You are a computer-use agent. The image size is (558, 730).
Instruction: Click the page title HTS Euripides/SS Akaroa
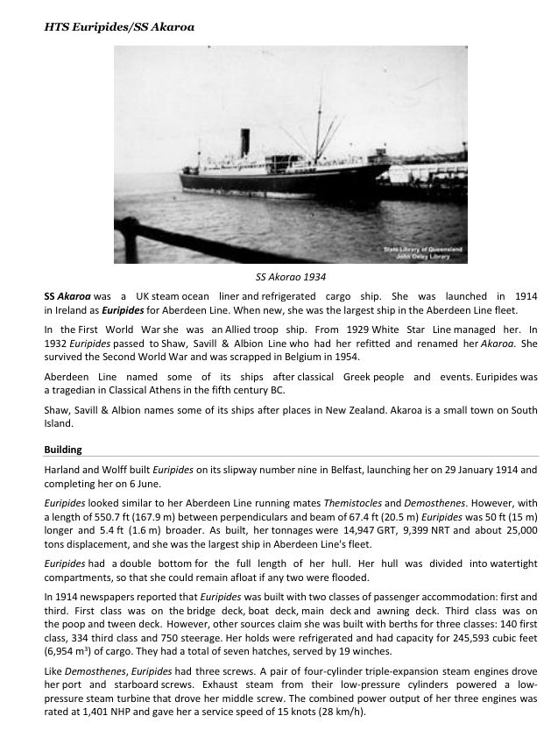point(119,27)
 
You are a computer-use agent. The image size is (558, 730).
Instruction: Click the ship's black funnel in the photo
point(245,143)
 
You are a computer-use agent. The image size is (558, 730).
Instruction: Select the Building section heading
point(63,450)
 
